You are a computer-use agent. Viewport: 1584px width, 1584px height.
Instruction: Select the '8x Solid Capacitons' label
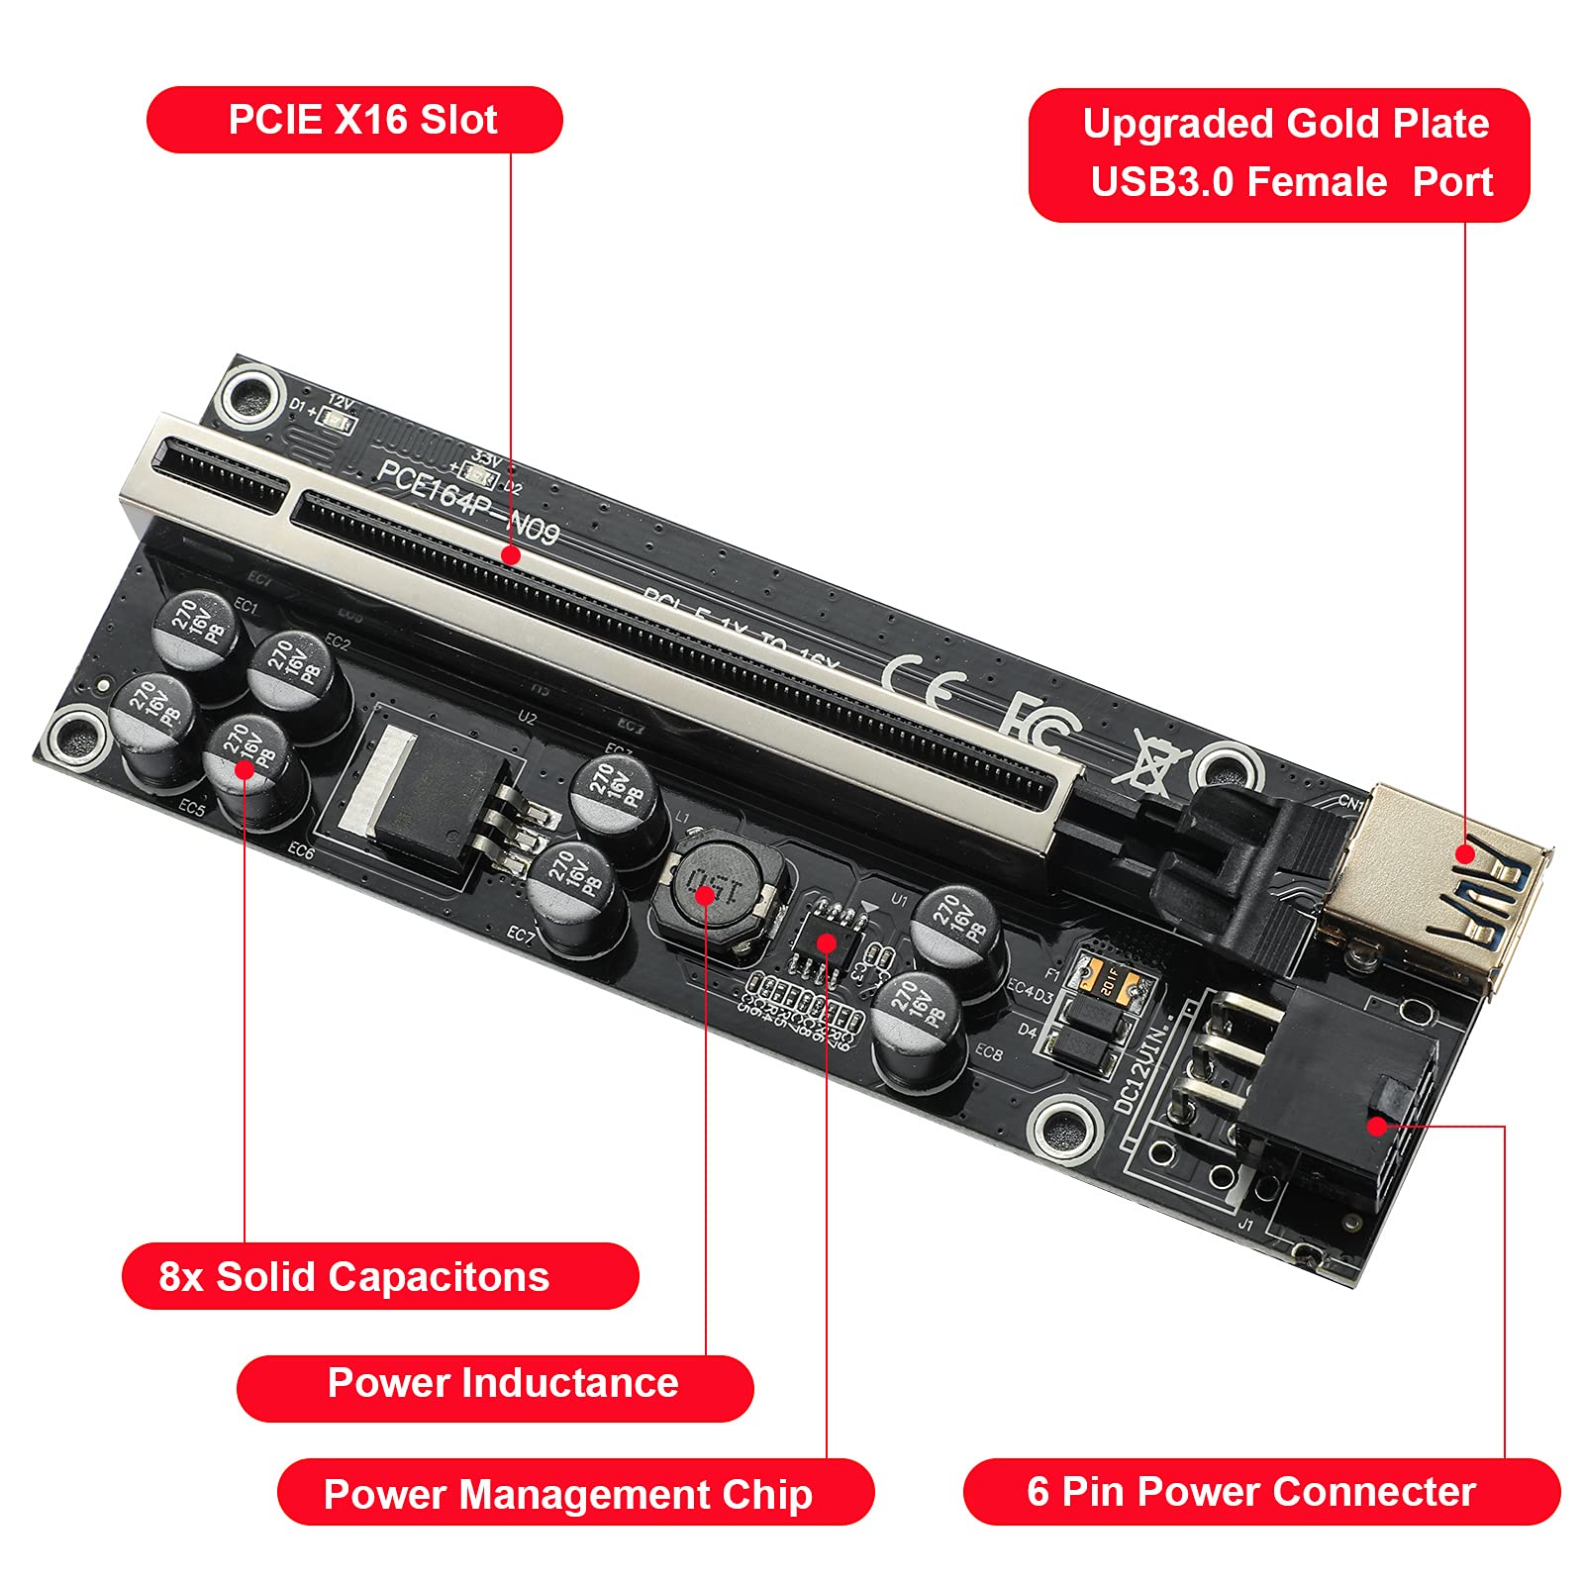coord(379,1276)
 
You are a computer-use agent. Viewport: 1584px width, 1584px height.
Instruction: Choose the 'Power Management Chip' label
coord(575,1492)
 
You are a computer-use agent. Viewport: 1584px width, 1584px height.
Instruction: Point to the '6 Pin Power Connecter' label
coord(1260,1491)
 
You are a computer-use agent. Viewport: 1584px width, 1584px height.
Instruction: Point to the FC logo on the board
coord(1038,724)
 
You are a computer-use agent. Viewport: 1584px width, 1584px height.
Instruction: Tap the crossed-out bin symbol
coord(1154,761)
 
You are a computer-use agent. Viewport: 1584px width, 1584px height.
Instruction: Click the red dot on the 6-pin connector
coord(1376,1125)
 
